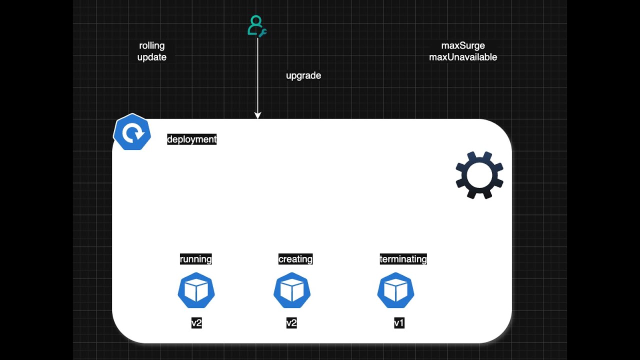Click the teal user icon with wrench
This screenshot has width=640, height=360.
coord(256,26)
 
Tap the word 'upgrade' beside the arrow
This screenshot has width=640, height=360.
coord(303,75)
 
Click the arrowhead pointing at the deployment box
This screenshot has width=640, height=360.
coord(257,115)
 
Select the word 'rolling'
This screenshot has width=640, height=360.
coord(152,46)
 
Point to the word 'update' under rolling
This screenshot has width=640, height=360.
coord(152,57)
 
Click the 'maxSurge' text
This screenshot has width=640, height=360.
coord(463,46)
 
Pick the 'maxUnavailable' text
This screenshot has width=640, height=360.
coord(463,57)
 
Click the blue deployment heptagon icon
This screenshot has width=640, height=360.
coord(132,132)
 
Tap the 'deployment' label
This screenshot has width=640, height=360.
coord(192,139)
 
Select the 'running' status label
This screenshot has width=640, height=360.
coord(196,259)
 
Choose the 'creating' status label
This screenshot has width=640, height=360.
coord(295,259)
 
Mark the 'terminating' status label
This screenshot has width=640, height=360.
coord(403,259)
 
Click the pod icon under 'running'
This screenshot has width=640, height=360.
coord(196,290)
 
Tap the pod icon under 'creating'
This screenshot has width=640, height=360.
coord(292,290)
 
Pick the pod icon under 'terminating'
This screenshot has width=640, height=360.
coord(395,290)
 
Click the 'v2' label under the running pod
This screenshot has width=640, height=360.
coord(196,323)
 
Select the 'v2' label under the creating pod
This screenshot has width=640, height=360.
coord(291,323)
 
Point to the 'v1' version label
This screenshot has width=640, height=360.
coord(399,323)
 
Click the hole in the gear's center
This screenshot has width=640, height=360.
coord(479,174)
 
